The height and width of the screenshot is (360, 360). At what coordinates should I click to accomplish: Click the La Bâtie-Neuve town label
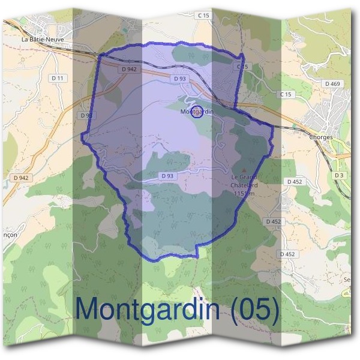click(x=43, y=40)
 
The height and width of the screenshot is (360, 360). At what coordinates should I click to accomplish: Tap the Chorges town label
click(x=321, y=137)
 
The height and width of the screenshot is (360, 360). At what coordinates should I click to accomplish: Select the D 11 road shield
click(x=59, y=78)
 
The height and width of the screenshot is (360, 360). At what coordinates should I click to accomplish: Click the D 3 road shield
click(x=340, y=175)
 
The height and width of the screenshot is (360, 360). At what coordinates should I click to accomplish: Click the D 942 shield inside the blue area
click(x=129, y=69)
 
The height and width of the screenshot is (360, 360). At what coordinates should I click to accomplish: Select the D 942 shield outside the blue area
click(x=20, y=178)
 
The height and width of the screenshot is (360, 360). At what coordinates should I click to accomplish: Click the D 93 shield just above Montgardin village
click(x=180, y=79)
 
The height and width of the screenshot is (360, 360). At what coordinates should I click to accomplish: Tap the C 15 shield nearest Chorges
click(x=285, y=95)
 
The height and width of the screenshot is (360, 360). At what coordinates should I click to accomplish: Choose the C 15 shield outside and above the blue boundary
click(x=205, y=15)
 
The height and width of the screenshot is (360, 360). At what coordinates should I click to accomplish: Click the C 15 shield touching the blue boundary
click(x=242, y=67)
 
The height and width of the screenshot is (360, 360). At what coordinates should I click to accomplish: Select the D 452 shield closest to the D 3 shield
click(x=294, y=181)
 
